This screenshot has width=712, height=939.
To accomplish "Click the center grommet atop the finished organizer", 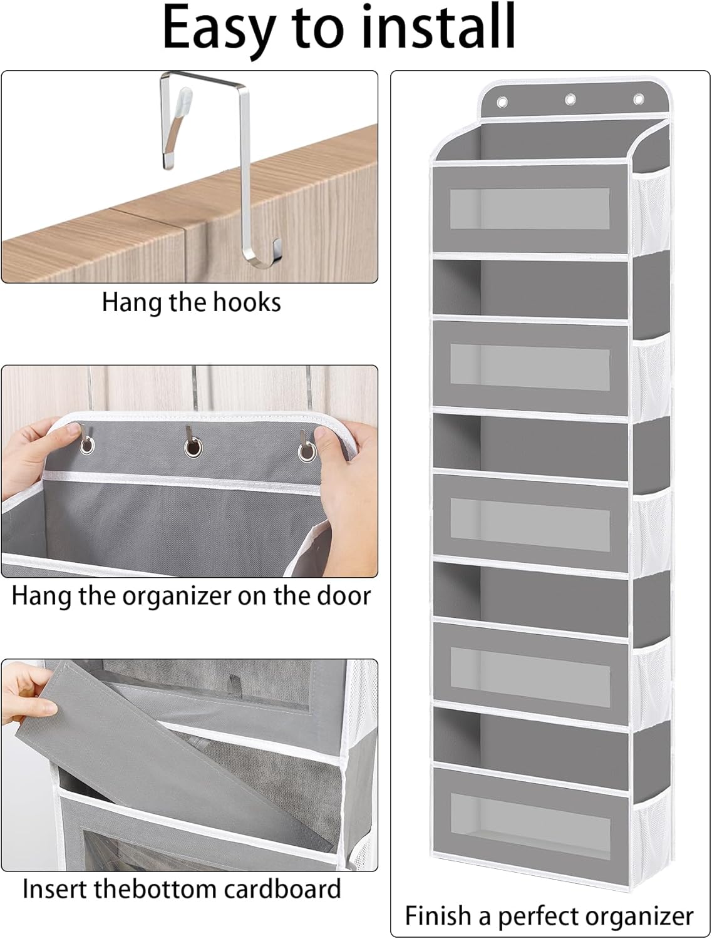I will pyautogui.click(x=570, y=99).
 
